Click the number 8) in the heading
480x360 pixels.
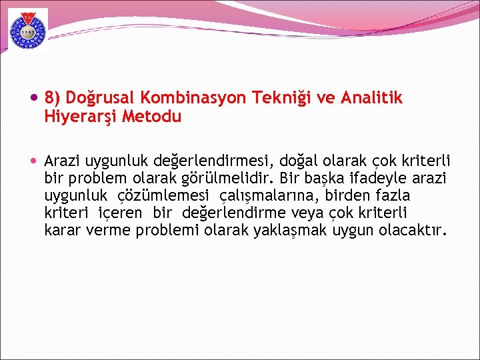click(x=52, y=98)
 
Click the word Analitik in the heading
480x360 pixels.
click(x=371, y=98)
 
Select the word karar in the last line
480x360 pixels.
click(x=62, y=231)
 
